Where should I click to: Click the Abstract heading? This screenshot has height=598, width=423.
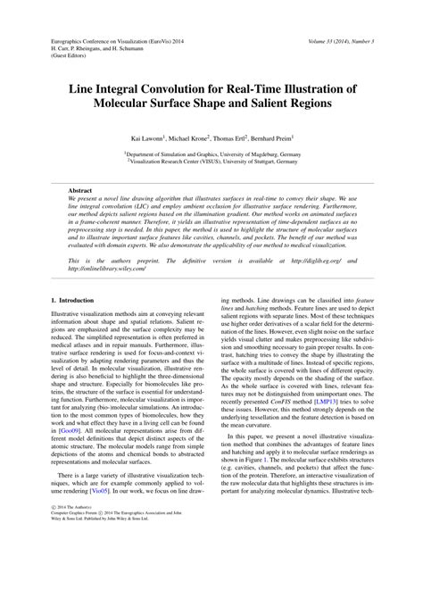pos(82,190)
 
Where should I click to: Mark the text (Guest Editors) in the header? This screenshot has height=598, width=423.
pos(72,56)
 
